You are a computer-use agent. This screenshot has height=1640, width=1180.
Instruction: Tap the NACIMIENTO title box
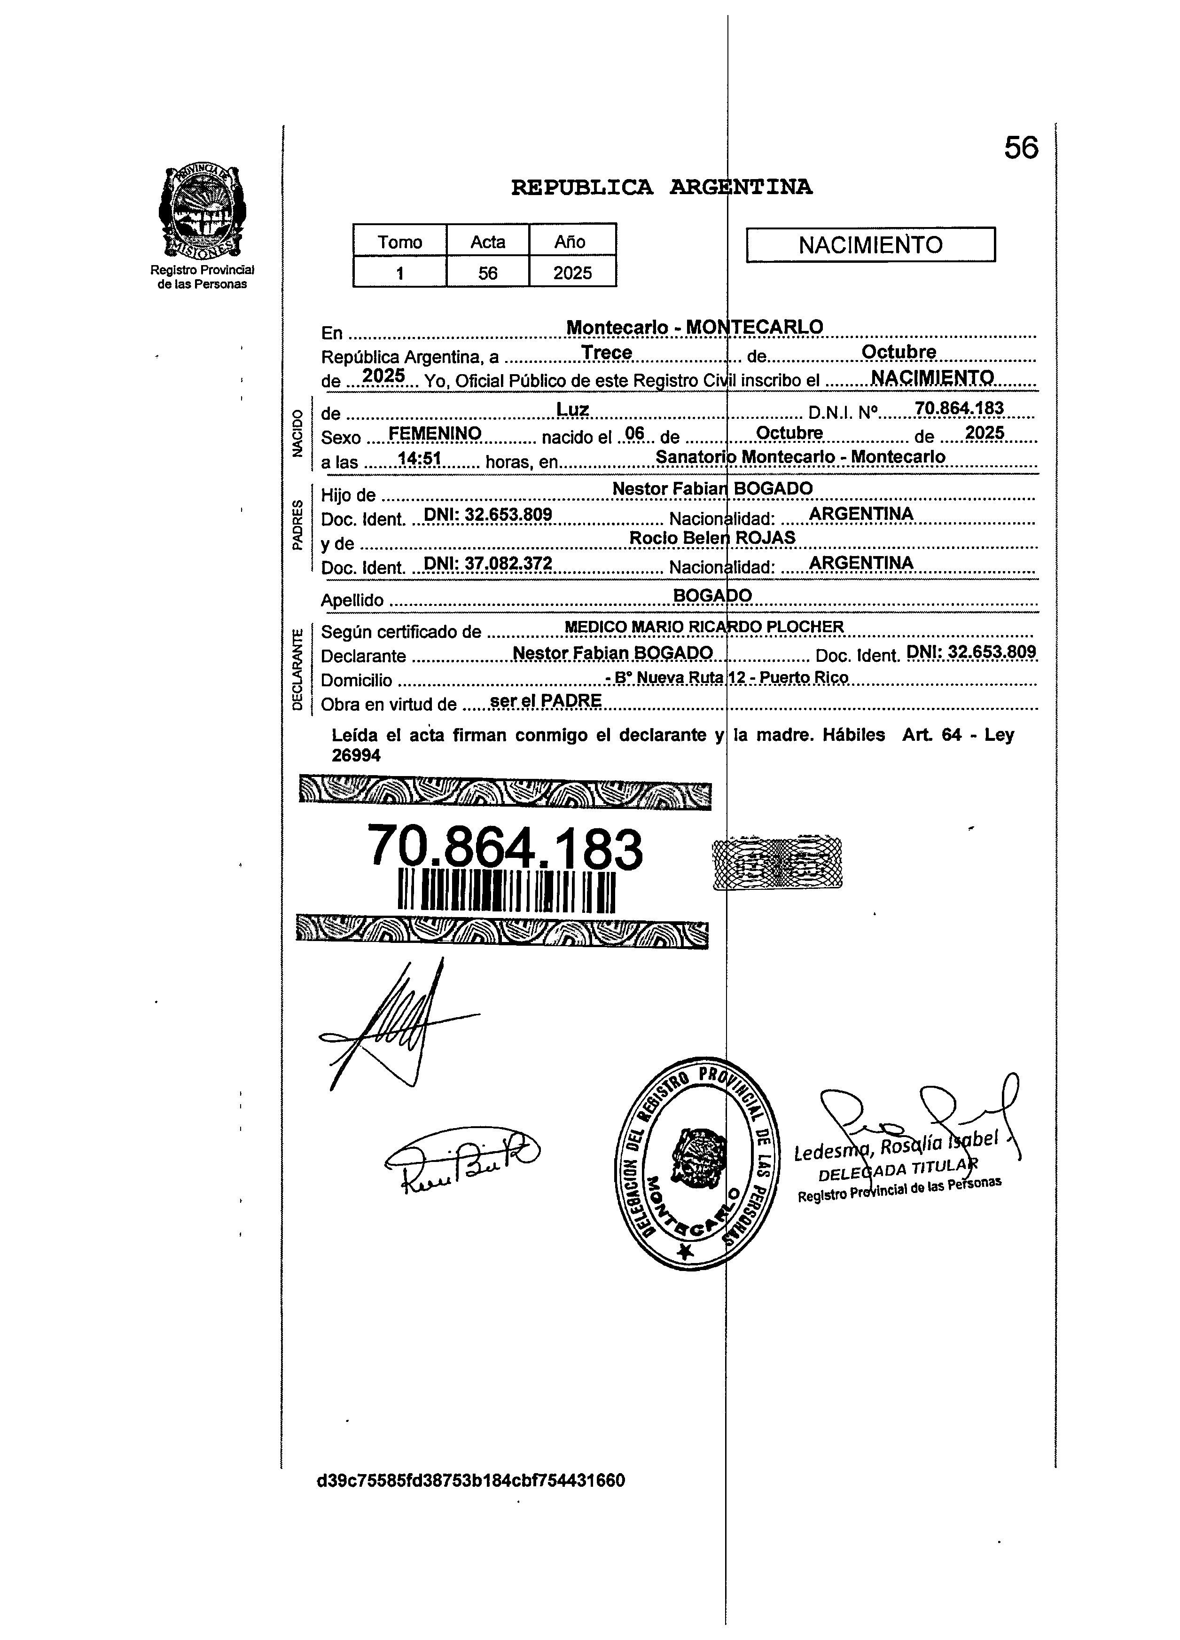pos(870,245)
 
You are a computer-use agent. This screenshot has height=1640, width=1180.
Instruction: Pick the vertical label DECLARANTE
pos(297,669)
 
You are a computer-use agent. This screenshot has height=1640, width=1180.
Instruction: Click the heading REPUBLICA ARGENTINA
pos(662,187)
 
